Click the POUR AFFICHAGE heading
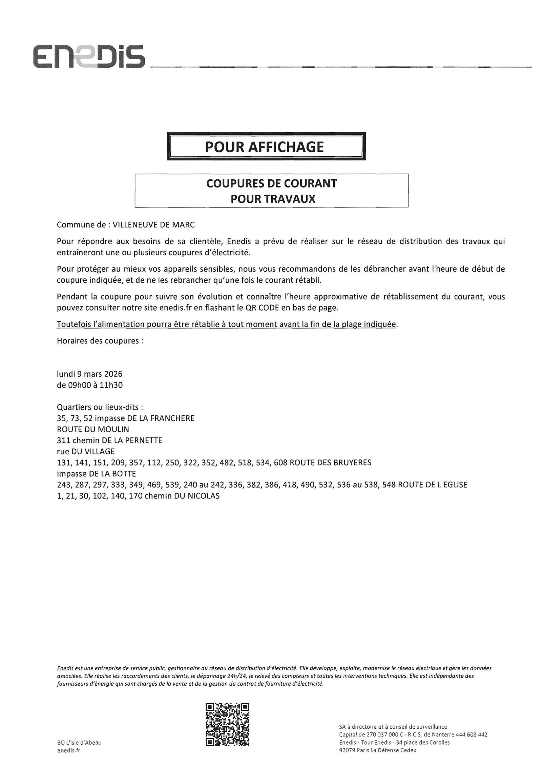(265, 147)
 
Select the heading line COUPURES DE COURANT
(271, 183)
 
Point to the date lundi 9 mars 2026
(90, 374)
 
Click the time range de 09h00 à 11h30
(90, 385)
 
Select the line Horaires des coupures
(100, 341)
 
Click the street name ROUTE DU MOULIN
(93, 429)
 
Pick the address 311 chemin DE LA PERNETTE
(110, 440)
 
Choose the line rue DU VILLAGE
(86, 452)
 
